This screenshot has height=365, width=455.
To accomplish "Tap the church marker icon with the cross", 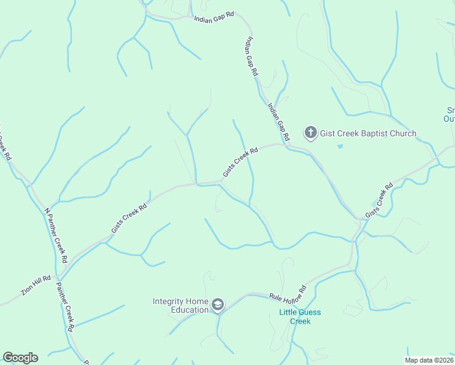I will [311, 133].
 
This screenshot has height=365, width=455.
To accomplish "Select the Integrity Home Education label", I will [181, 305].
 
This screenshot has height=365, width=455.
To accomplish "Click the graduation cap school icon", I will [218, 305].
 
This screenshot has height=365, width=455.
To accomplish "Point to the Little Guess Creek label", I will [300, 317].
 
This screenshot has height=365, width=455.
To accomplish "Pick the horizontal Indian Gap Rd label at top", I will [214, 19].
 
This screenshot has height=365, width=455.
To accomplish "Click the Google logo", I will [20, 358].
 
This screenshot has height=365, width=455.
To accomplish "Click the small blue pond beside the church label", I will [339, 146].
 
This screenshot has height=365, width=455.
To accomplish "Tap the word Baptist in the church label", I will [371, 133].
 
